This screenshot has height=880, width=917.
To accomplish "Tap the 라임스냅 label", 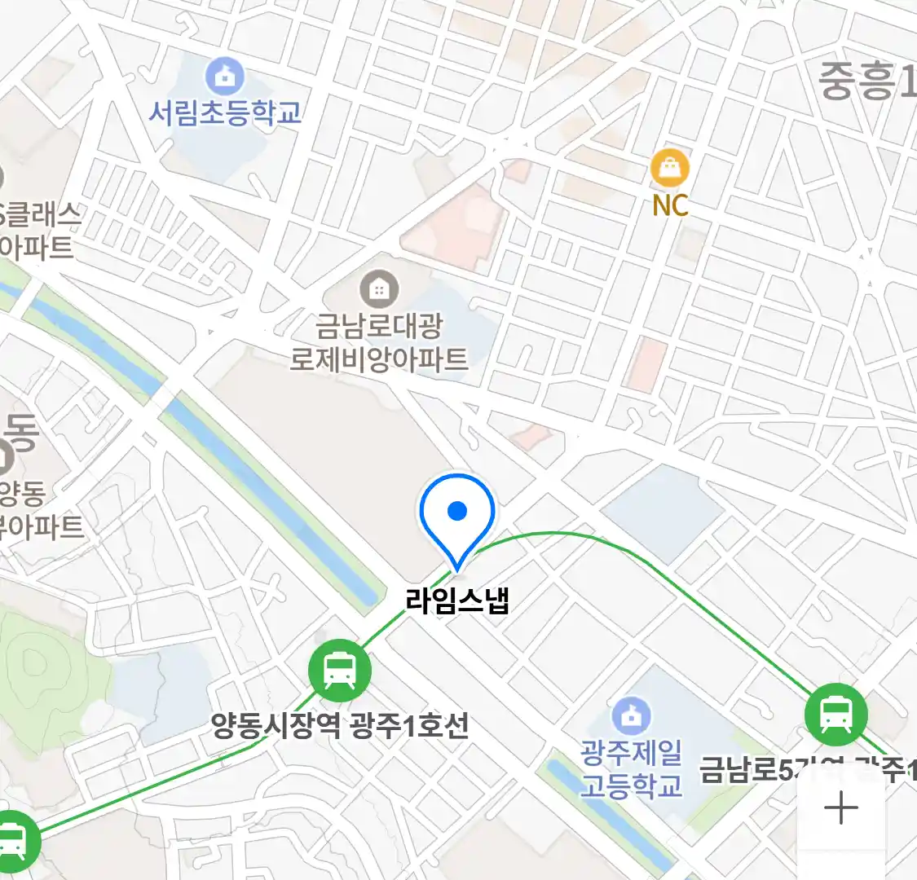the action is click(457, 601).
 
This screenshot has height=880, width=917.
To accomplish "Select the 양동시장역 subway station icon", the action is click(339, 671).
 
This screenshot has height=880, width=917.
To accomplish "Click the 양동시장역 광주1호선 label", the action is click(340, 725).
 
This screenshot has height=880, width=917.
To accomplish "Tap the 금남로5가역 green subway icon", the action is click(835, 715).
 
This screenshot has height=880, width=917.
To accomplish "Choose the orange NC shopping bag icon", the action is click(670, 169).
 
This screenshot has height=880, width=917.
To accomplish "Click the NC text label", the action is click(670, 205).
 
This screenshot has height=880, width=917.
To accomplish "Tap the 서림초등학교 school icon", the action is click(225, 77).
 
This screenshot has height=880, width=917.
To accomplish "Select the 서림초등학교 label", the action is click(225, 112).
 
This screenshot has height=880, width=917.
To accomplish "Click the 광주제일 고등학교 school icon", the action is click(631, 716).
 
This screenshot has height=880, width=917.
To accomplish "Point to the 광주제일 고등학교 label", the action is click(631, 768).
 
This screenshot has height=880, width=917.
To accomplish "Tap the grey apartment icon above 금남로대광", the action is click(379, 288).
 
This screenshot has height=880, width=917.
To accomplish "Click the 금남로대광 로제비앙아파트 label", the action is click(380, 342).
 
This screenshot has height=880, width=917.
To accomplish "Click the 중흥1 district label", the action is click(866, 81).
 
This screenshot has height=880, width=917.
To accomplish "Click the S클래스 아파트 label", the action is click(41, 231).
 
